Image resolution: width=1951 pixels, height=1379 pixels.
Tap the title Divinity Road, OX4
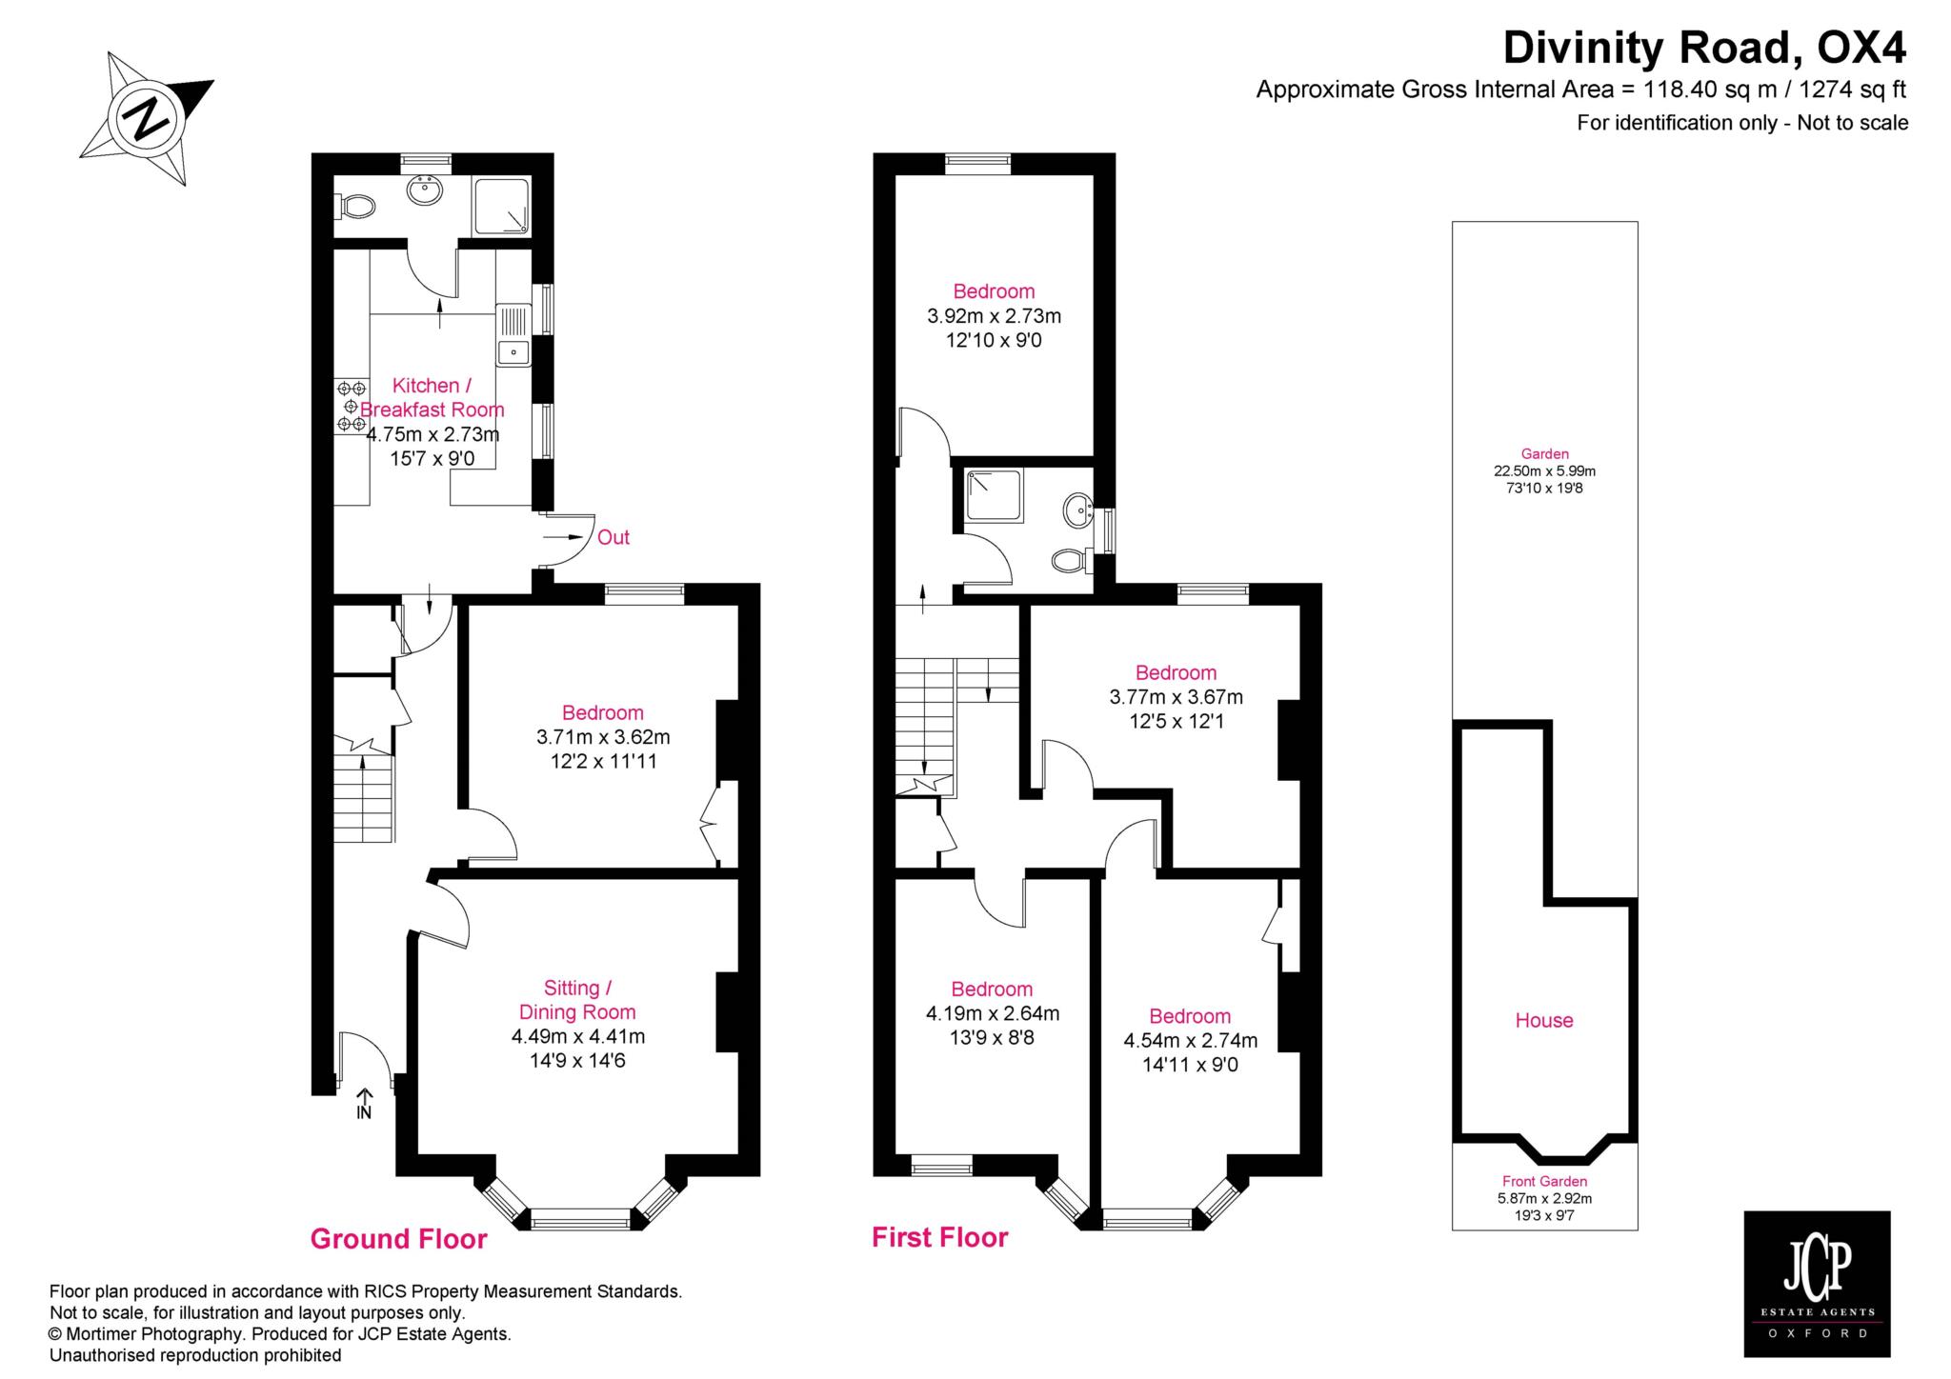(1705, 46)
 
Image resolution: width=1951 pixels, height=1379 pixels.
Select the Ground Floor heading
(399, 1239)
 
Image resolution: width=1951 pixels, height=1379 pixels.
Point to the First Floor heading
(940, 1237)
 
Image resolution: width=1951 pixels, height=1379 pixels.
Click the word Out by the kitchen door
(613, 537)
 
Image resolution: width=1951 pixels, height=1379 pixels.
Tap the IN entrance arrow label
(364, 1105)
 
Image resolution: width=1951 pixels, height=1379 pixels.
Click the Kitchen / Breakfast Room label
(432, 397)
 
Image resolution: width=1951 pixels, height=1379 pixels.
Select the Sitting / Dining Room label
(577, 1000)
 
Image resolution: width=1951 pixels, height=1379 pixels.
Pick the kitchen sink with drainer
(513, 334)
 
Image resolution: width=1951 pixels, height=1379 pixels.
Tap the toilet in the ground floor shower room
(355, 205)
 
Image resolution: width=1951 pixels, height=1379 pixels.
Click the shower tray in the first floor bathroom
(995, 496)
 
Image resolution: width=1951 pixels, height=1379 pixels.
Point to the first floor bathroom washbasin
(1079, 509)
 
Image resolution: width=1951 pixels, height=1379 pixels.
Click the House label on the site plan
(1544, 1020)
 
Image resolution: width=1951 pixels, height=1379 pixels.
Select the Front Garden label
(1544, 1182)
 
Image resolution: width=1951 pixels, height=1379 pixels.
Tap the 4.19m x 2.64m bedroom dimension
(993, 1013)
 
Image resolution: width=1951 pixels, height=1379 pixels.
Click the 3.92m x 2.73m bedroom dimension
(995, 315)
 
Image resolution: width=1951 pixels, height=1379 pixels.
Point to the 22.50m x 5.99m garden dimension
(1544, 470)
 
